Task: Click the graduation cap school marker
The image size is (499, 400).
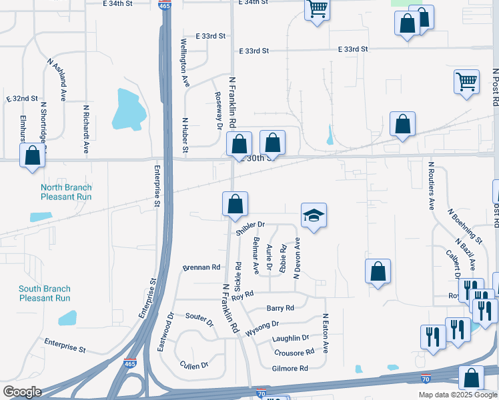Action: click(x=314, y=215)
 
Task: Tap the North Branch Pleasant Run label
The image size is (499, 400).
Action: click(x=66, y=192)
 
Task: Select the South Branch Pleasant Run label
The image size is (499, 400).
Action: click(x=44, y=293)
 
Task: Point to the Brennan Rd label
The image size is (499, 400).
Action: click(x=201, y=267)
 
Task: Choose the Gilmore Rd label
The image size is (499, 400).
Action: click(x=290, y=368)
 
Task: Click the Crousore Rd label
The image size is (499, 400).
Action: click(x=294, y=352)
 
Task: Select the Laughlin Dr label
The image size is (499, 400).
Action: click(x=291, y=339)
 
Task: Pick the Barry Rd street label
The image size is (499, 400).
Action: click(x=280, y=308)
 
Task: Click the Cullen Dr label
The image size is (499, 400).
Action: click(x=194, y=365)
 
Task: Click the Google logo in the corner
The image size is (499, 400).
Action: click(x=21, y=392)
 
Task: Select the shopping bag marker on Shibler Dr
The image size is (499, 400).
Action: click(x=235, y=205)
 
